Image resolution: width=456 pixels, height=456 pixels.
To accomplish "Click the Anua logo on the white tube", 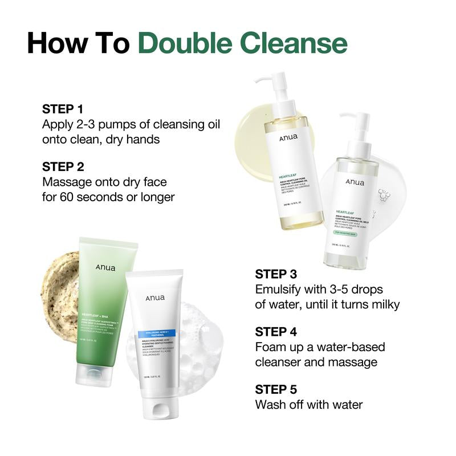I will pos(154,298).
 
